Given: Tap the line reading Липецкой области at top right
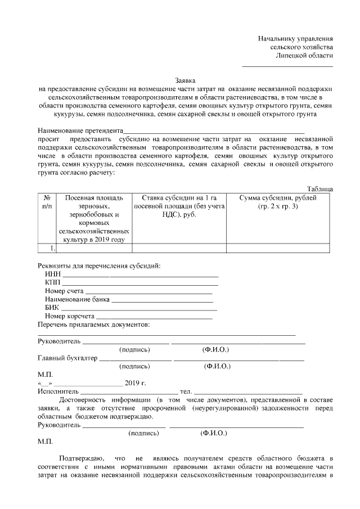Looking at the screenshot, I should [x=304, y=56].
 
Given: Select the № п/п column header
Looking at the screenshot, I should [x=47, y=202].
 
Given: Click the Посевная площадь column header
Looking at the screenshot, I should [x=94, y=198].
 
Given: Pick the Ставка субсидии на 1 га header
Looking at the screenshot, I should [x=179, y=198].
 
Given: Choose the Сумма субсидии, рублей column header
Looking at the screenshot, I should [x=278, y=198].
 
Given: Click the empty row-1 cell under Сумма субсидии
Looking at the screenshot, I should [x=278, y=248].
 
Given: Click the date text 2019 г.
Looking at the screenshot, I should [x=135, y=383].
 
